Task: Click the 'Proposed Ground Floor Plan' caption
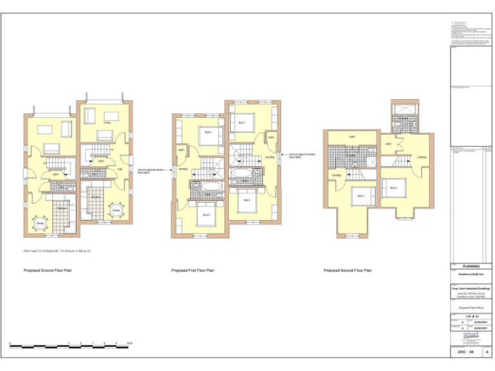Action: coord(48,271)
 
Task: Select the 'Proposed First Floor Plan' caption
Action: coord(193,271)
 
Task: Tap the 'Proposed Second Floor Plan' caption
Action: coord(347,271)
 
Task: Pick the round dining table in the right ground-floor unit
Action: coord(116,211)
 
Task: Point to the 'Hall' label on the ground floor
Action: coord(120,169)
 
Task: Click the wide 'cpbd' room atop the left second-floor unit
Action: coord(352,137)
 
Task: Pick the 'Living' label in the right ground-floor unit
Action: coord(107,122)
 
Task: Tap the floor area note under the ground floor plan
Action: coord(57,250)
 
